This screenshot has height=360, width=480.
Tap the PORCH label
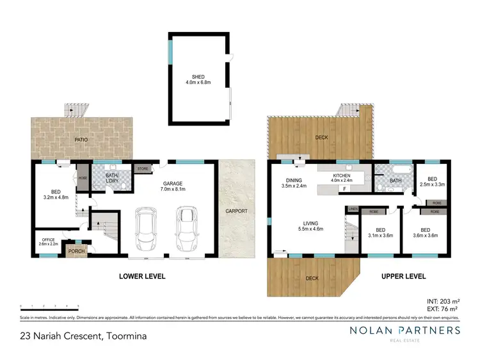pyautogui.click(x=77, y=251)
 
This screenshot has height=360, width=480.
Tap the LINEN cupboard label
pyautogui.click(x=352, y=209)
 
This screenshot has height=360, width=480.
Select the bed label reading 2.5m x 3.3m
pyautogui.click(x=432, y=181)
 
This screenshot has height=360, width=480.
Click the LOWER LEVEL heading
pyautogui.click(x=142, y=276)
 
